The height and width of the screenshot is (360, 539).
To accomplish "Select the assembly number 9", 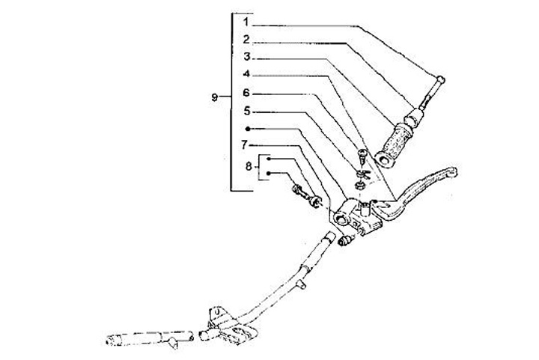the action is [216, 98].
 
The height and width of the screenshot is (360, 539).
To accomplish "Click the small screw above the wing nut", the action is [363, 156].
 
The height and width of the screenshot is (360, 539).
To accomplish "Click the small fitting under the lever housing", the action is [347, 242].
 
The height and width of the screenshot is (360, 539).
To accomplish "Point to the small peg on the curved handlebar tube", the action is [303, 285].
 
